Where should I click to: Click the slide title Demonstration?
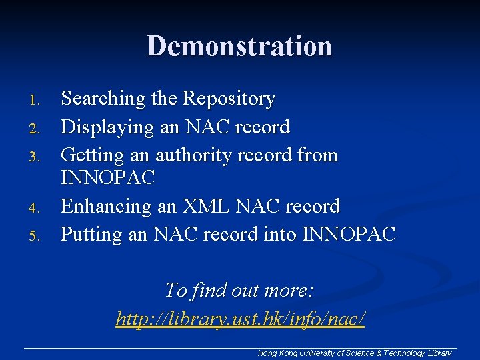point(239,47)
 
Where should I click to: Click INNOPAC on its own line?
point(108,178)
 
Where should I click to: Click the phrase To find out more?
point(239,291)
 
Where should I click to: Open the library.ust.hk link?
point(240,318)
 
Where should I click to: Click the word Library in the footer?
point(439,353)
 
